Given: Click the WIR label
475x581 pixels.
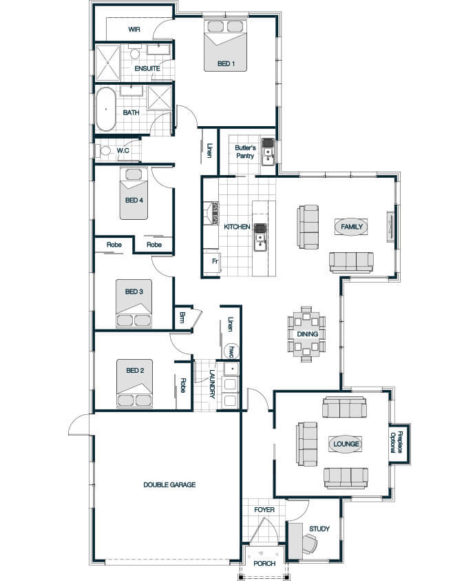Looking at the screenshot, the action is point(134,29).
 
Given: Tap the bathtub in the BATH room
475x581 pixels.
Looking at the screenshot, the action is point(106,110).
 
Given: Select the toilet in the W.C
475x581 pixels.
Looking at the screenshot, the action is point(104,151).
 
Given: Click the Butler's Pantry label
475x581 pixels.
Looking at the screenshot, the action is point(245,152).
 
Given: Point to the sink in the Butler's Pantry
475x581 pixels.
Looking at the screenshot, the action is point(268,152).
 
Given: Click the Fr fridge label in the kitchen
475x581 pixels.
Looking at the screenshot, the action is point(215,261).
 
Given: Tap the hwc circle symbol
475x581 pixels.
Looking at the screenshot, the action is point(232,351).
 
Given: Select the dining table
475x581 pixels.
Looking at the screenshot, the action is point(307,334).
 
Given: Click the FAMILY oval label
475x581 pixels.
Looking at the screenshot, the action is point(351,227).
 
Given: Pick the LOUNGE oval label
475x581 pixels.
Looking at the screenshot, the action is point(346,444).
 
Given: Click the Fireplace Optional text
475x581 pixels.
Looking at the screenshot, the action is point(396,442).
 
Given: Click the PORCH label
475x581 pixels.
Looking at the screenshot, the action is point(264,563).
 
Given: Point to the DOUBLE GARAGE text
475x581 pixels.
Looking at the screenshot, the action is point(169,485).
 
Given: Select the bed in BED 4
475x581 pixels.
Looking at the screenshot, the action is point(134,194).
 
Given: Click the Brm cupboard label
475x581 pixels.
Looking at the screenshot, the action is point(182,317).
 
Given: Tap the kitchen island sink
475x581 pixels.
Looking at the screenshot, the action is point(261,237).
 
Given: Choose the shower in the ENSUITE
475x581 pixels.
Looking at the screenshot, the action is point(108,63).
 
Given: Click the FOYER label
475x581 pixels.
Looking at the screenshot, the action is point(264,510).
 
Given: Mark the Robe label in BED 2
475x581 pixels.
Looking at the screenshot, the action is point(182,385).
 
